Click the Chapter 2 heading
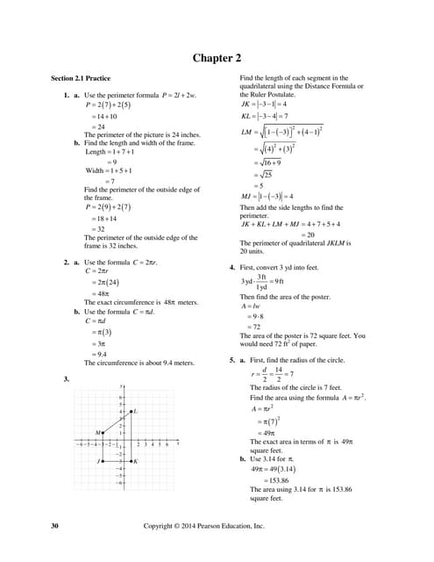tap(217, 59)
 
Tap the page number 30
tap(55, 526)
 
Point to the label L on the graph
tap(137, 411)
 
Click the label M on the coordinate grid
tap(98, 433)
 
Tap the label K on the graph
tap(136, 461)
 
